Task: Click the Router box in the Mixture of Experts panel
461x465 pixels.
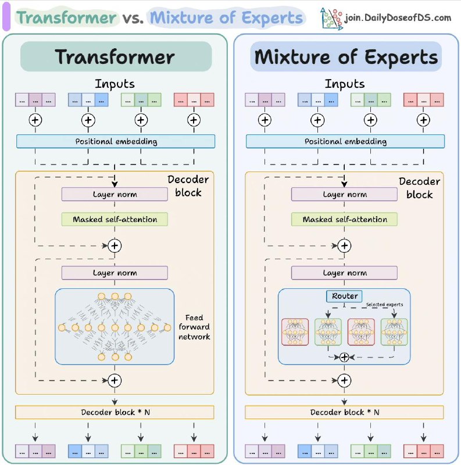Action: (344, 296)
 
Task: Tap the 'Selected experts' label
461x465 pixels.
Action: (384, 305)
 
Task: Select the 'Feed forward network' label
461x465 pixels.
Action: (194, 327)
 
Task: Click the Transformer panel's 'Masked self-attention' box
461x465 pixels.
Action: (115, 220)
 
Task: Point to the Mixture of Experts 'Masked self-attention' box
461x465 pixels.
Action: (344, 220)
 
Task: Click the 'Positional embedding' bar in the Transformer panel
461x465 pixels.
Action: (116, 141)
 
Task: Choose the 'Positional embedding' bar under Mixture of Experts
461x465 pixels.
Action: (345, 141)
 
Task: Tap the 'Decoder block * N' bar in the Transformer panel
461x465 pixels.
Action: (115, 412)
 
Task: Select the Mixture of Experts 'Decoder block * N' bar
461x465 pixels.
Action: (344, 412)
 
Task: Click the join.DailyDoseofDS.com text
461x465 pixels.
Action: (398, 18)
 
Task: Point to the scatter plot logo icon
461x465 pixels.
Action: (331, 19)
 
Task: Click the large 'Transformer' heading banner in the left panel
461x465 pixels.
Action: (116, 56)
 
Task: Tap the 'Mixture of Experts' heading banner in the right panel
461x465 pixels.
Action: (346, 56)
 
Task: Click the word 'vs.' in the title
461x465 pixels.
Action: (133, 18)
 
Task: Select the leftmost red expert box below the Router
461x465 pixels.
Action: (295, 332)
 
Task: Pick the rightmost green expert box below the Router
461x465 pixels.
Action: (394, 332)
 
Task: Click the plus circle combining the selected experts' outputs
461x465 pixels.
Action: (344, 357)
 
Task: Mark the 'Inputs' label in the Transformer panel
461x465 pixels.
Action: (115, 84)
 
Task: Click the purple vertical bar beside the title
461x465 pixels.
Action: (6, 17)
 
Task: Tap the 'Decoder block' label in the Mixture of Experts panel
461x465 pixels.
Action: (420, 188)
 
